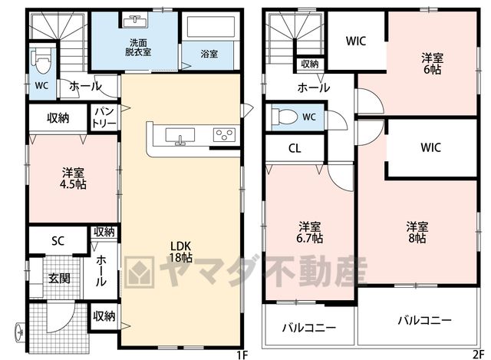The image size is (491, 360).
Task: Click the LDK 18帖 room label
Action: click(180, 252)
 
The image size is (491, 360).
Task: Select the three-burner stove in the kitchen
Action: click(224, 135)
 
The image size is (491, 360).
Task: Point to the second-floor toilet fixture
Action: click(285, 117)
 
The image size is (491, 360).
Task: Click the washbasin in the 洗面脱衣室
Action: click(135, 21)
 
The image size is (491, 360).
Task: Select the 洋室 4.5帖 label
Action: click(73, 179)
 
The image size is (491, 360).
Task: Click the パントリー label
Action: click(104, 117)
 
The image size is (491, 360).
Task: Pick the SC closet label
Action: click(58, 240)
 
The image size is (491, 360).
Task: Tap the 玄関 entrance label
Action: click(59, 278)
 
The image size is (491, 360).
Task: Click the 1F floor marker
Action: click(242, 355)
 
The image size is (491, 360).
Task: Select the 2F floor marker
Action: click(479, 355)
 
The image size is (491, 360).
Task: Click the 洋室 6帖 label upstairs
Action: click(433, 64)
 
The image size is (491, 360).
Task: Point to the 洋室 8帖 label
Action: click(417, 232)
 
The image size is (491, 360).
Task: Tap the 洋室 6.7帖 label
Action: click(309, 233)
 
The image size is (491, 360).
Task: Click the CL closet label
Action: click(295, 148)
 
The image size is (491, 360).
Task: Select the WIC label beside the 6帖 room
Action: click(356, 41)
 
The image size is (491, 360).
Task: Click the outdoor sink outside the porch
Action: click(19, 331)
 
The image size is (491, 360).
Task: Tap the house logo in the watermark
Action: click(140, 272)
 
